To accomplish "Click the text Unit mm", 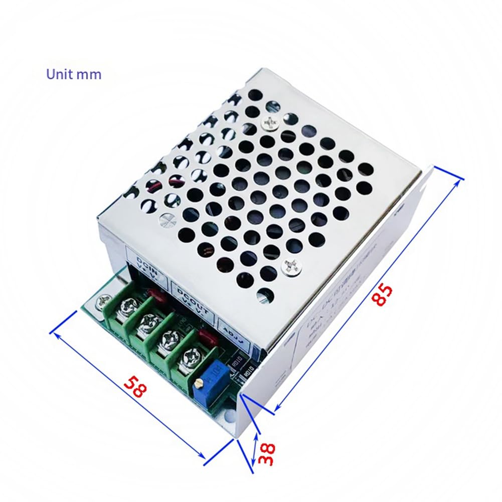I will [x=74, y=74].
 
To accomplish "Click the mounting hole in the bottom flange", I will [x=229, y=416].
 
